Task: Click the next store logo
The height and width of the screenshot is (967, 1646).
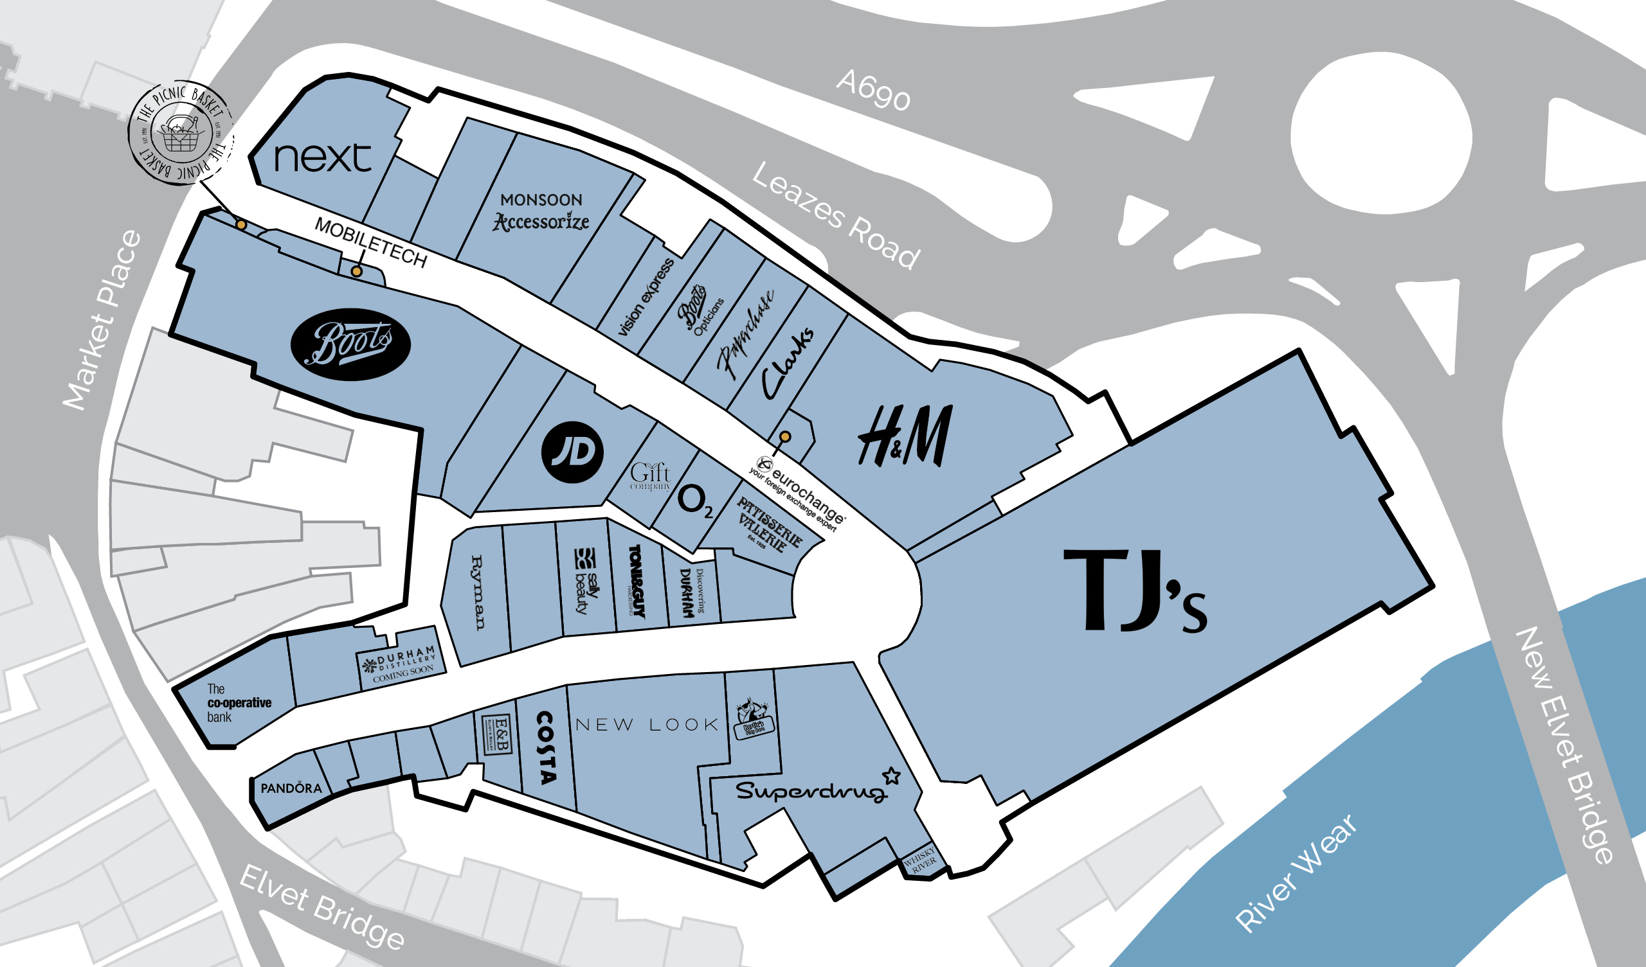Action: (x=323, y=158)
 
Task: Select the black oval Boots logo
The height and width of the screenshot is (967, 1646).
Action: (x=351, y=344)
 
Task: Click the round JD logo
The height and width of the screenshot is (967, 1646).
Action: (x=572, y=452)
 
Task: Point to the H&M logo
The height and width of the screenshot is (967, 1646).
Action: (x=905, y=436)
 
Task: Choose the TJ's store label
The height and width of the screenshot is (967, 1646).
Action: (x=1135, y=591)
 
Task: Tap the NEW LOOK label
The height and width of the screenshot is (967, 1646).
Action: (x=647, y=725)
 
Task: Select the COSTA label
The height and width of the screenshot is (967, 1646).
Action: (x=546, y=748)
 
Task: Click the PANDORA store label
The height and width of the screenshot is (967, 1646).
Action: (x=291, y=788)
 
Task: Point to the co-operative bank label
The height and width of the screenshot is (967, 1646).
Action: (x=239, y=703)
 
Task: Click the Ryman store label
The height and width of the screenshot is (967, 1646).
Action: (x=478, y=592)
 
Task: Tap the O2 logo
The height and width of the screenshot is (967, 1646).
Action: (x=695, y=501)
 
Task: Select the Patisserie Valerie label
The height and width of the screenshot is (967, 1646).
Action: (x=770, y=524)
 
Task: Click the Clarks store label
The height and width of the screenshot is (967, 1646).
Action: (x=788, y=363)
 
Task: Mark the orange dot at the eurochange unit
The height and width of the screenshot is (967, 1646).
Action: (x=785, y=437)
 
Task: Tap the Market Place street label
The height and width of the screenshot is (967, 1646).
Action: (x=102, y=320)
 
